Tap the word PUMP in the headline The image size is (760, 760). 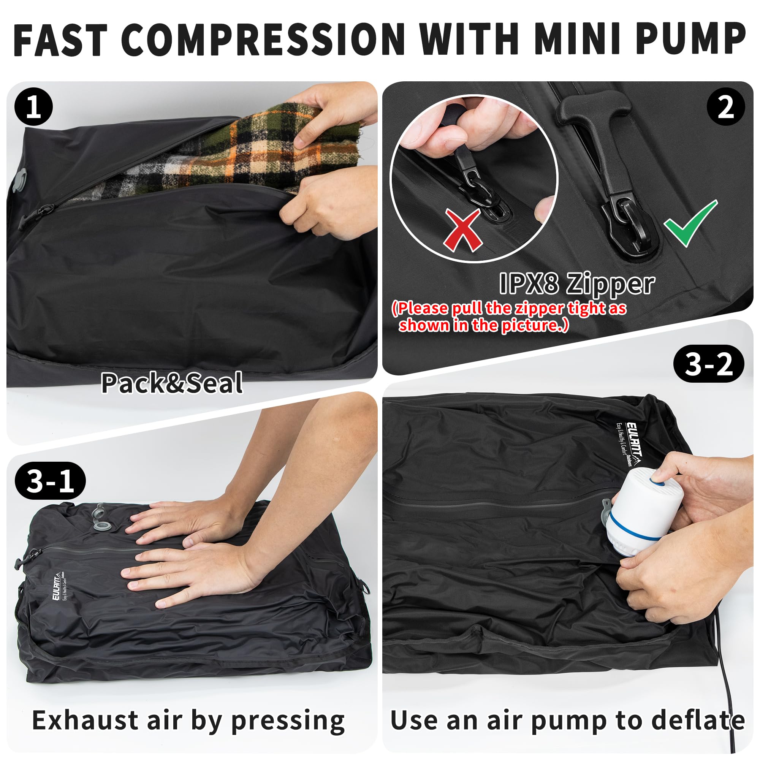click(x=690, y=40)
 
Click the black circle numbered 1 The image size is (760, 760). click(x=33, y=107)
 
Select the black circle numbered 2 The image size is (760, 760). click(x=726, y=107)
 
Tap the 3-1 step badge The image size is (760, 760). click(x=51, y=481)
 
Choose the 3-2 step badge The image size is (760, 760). click(x=708, y=364)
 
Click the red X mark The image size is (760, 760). click(x=463, y=230)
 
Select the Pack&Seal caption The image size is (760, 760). click(x=172, y=383)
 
